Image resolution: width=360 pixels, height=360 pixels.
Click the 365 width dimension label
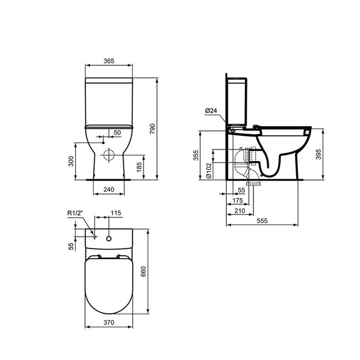(109, 61)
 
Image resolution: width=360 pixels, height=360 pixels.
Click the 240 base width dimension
(109, 189)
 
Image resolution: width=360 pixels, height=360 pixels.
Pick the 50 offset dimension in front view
(117, 133)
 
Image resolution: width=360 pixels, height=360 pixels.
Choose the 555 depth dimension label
(262, 220)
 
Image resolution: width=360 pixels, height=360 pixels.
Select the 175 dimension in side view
(238, 200)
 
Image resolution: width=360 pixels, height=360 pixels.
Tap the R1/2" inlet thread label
(76, 212)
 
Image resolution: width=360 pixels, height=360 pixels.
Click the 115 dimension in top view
(115, 212)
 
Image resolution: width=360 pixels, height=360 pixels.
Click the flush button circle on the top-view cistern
(109, 238)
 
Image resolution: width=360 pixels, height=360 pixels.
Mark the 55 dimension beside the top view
(72, 246)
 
